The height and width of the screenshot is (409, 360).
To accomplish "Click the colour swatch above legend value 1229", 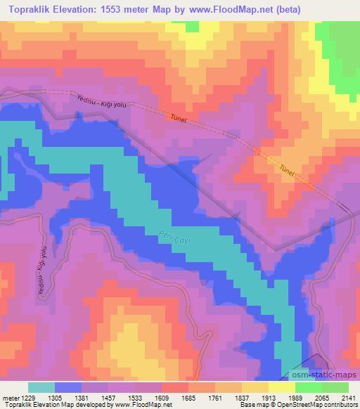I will click(41, 387).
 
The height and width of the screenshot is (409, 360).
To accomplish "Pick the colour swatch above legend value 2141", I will click(335, 387).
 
